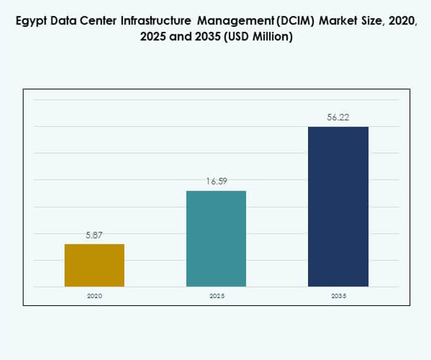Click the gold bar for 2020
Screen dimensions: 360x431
point(94,265)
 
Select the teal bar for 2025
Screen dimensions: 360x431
point(215,238)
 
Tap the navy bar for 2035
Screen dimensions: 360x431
point(338,206)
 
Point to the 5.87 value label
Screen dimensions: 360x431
point(94,235)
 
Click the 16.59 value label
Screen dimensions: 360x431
point(216,182)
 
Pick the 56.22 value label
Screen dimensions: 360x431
point(338,117)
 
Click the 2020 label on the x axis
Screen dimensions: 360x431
point(94,296)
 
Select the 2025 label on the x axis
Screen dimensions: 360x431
point(216,296)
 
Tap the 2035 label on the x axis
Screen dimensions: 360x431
point(338,296)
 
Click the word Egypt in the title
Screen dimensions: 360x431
point(29,23)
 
